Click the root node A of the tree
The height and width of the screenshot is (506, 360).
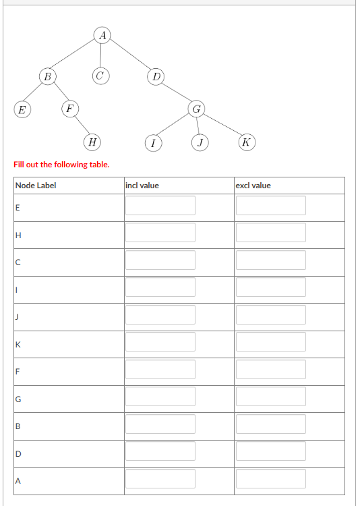102,34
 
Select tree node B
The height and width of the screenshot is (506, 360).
47,76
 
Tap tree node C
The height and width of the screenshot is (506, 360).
100,76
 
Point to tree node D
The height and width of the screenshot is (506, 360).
156,76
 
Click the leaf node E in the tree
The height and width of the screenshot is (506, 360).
22,108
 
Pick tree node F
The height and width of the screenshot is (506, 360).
70,107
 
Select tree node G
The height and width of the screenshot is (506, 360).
196,108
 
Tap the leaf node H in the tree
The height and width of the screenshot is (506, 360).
92,142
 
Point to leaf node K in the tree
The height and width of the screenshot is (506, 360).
247,142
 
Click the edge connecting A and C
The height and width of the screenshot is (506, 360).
101,55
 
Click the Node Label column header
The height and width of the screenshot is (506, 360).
36,186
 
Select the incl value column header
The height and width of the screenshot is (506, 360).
142,186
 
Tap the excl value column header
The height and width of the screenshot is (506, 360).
253,186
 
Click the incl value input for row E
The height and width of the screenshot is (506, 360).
160,206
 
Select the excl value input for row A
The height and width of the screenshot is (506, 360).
270,478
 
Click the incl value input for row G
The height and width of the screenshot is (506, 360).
160,397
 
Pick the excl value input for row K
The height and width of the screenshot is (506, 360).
270,342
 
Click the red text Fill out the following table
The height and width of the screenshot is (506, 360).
61,165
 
